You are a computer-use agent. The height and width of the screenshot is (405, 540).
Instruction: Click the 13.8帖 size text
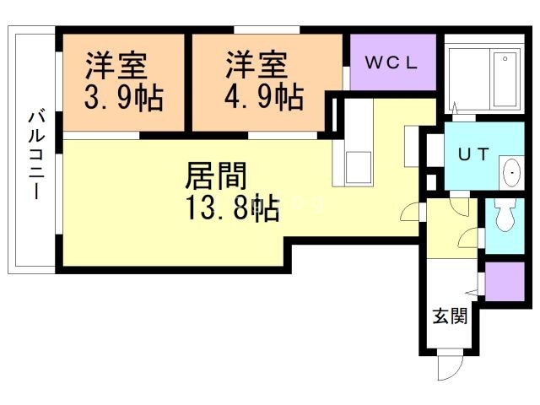point(229,208)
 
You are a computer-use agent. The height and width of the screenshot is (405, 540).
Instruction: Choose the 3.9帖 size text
point(123,95)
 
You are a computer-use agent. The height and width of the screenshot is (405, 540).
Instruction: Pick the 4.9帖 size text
point(263,95)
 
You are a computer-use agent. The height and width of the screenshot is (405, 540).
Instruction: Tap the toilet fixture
point(505,217)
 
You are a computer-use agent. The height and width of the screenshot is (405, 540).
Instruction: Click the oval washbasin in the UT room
point(511,173)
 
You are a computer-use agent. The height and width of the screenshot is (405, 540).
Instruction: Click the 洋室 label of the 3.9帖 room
point(116,65)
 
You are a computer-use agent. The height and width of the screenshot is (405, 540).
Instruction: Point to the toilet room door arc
point(468,241)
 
